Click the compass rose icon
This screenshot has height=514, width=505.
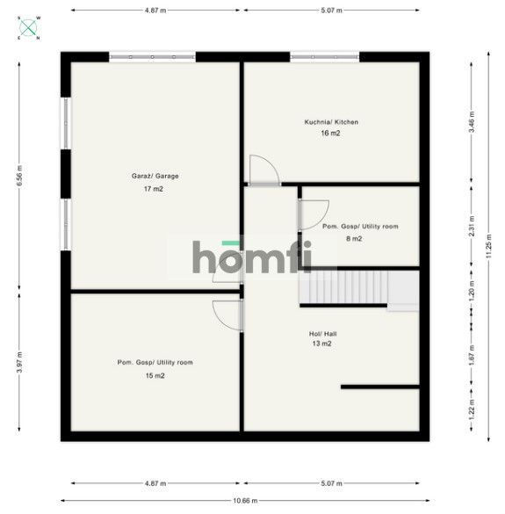click(29, 27)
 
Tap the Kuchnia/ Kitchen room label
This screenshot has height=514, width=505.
click(331, 122)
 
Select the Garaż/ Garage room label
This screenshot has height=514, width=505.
click(155, 176)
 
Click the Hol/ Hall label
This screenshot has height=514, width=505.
click(323, 333)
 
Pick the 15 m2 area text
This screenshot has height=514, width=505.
click(155, 375)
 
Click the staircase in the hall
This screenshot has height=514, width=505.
click(343, 287)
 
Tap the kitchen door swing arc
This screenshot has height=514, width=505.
click(263, 170)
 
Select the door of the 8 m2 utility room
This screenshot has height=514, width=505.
click(313, 214)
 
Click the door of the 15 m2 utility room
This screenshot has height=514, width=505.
click(227, 315)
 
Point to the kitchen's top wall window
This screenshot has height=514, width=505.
click(324, 57)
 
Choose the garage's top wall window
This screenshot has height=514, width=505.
click(152, 57)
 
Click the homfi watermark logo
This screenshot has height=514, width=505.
click(252, 257)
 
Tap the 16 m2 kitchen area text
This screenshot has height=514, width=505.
click(331, 134)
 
